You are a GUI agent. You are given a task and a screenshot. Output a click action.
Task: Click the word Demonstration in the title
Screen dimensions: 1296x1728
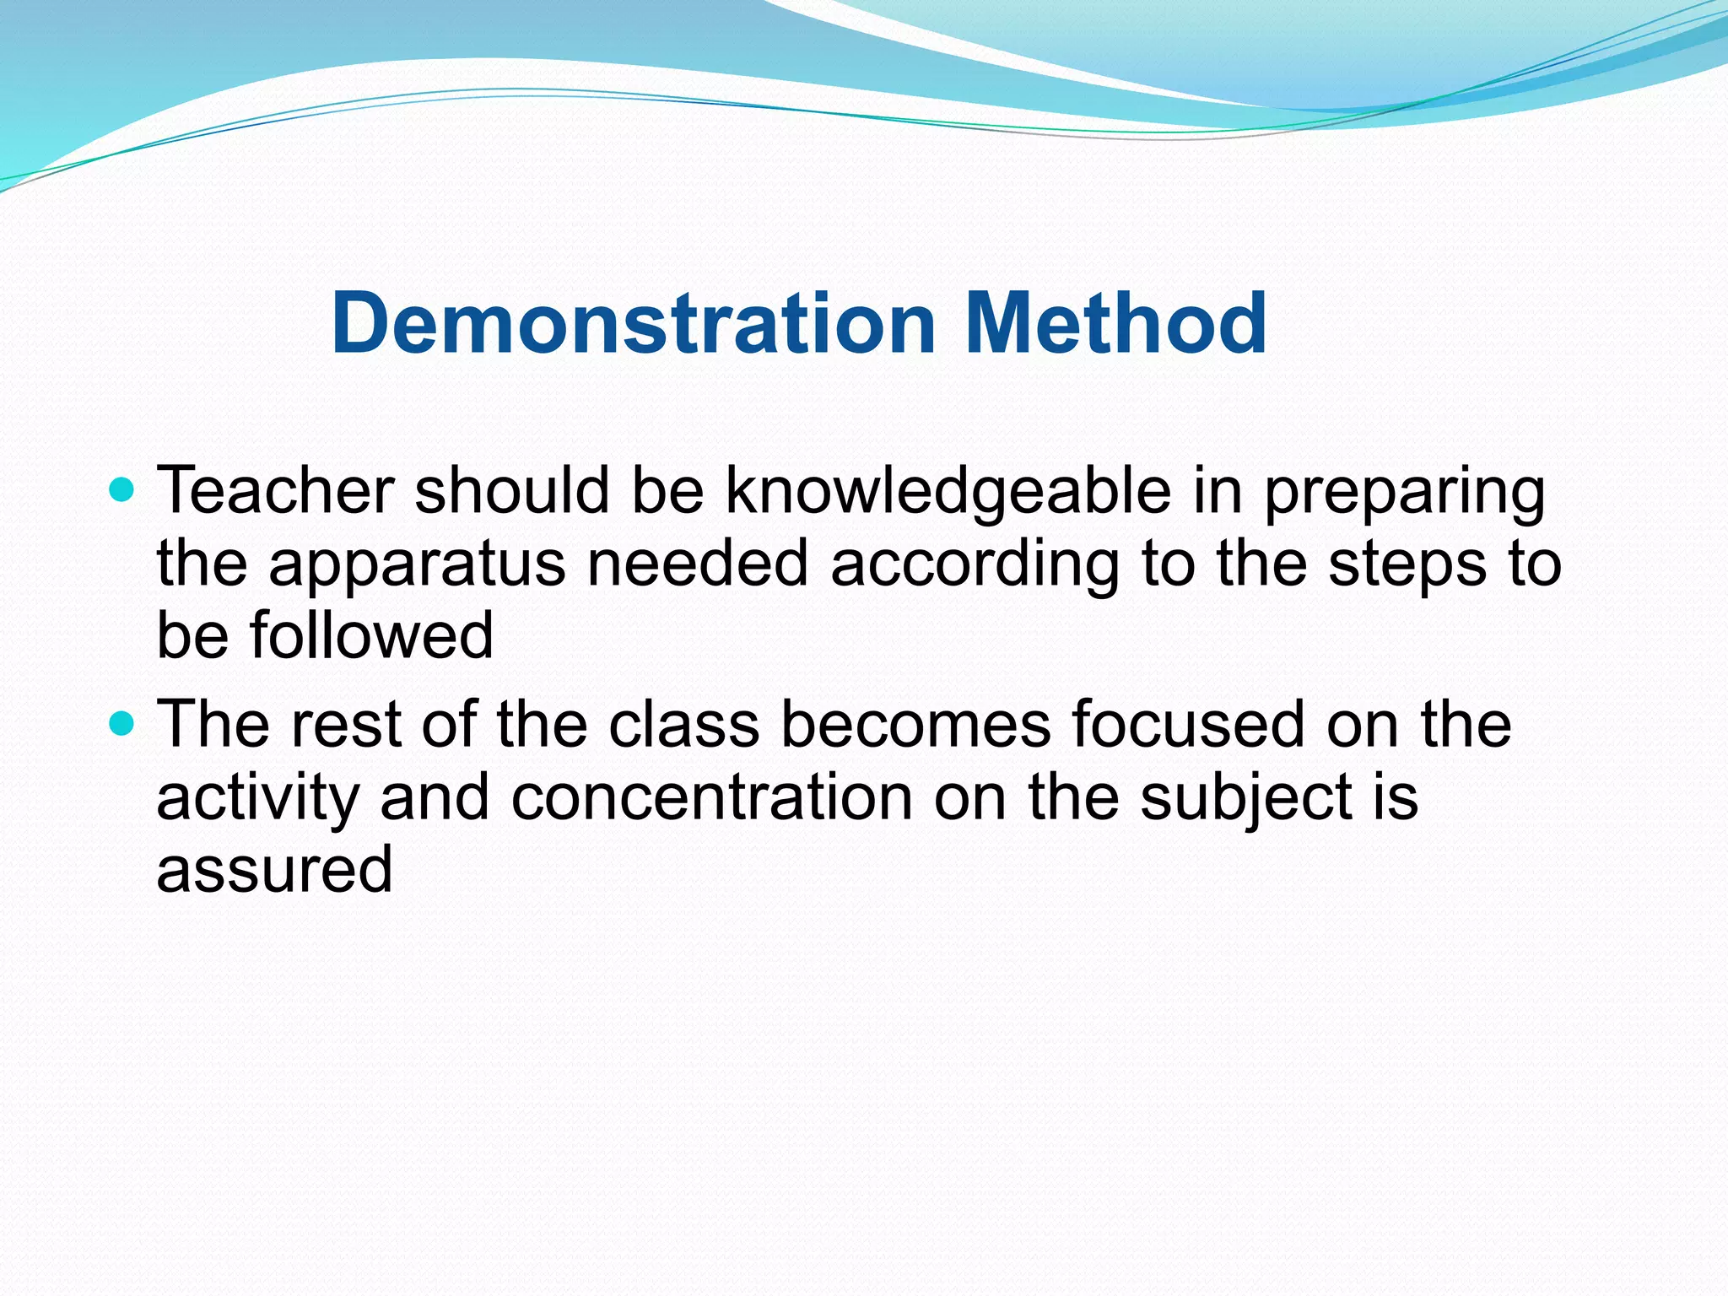(x=634, y=324)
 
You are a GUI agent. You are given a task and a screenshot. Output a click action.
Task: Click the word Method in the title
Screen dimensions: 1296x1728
(x=1115, y=324)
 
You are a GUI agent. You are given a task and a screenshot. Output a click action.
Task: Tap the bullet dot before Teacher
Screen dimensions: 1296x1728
(x=122, y=489)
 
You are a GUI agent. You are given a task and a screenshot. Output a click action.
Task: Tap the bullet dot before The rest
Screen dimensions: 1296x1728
(x=122, y=723)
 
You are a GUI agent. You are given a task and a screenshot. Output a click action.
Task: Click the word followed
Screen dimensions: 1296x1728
(x=371, y=636)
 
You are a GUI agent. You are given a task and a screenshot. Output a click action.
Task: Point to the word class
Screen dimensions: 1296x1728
(x=684, y=726)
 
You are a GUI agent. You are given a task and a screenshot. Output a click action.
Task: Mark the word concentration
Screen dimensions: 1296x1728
(x=711, y=798)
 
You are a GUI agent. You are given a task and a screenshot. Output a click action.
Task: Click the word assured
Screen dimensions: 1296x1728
(x=274, y=871)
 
